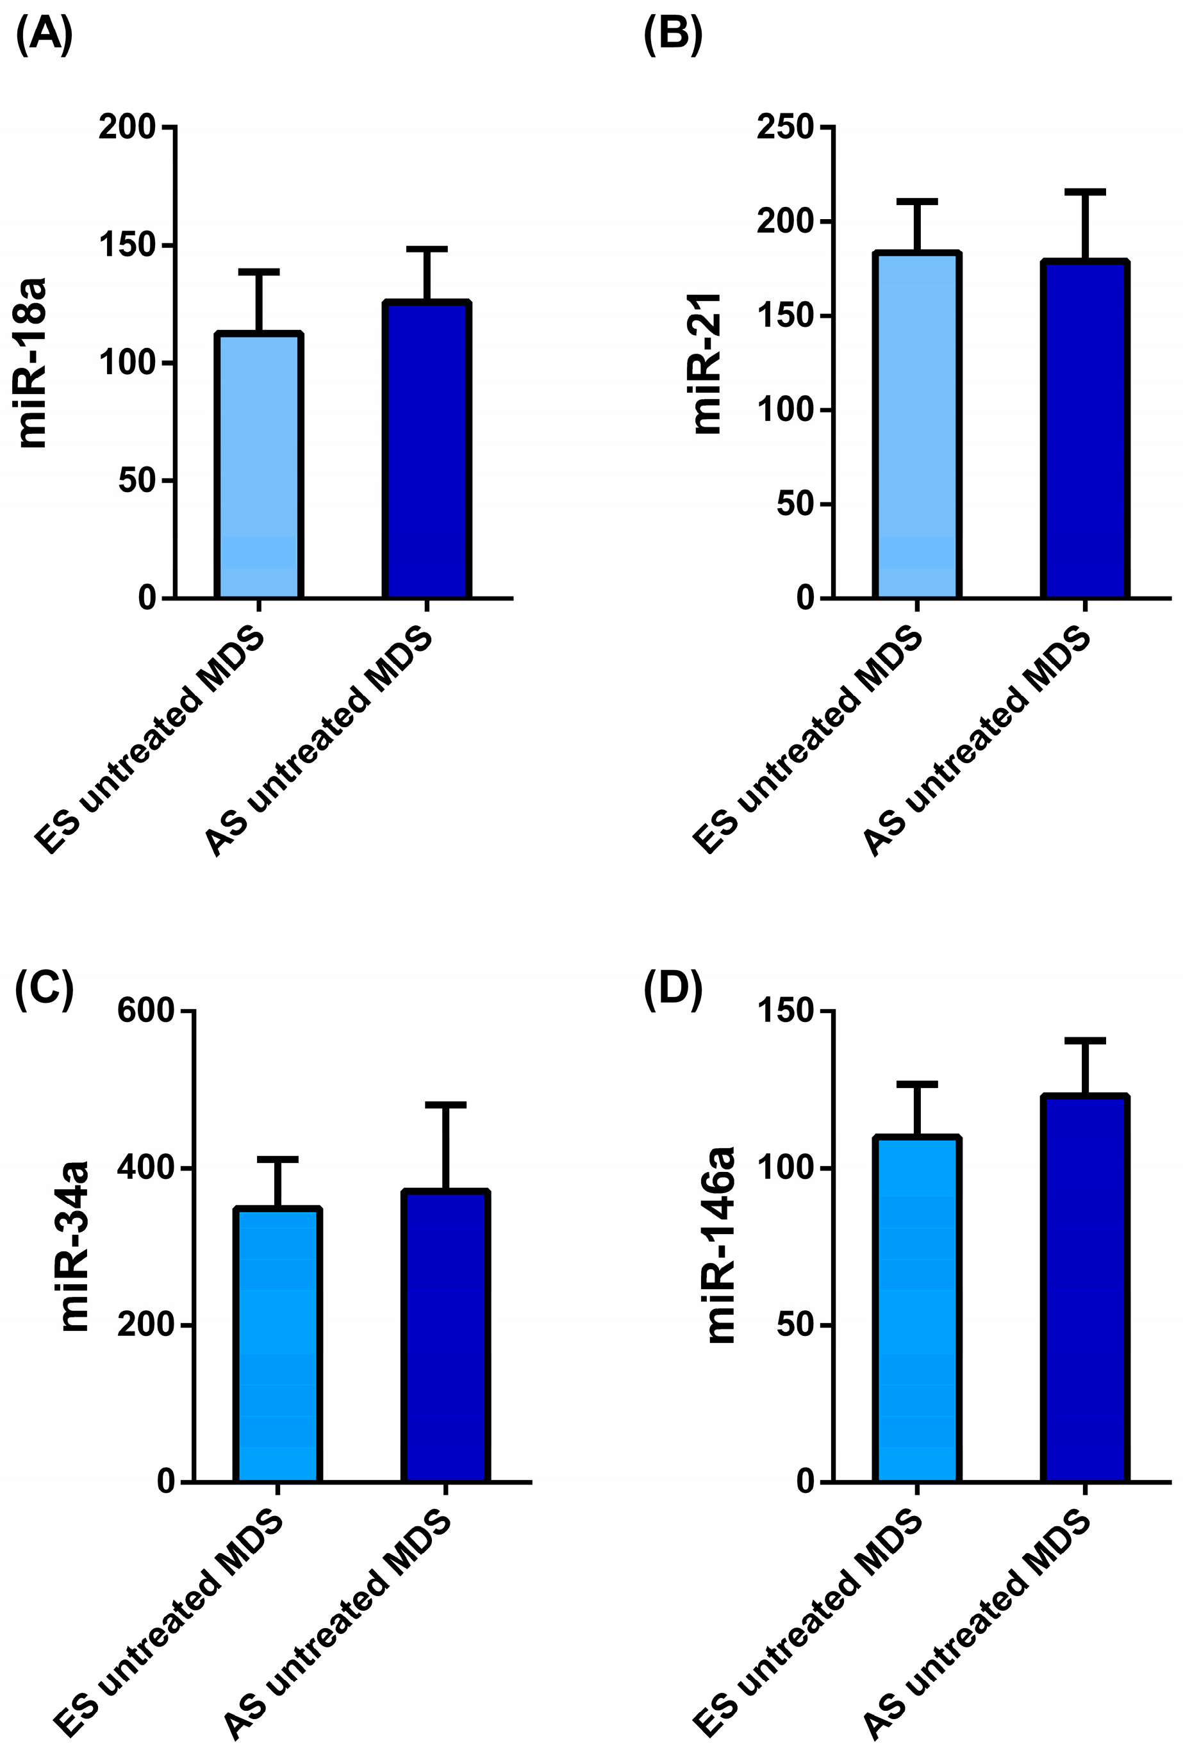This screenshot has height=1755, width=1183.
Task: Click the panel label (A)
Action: click(x=44, y=35)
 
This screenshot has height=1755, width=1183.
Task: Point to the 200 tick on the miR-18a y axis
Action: click(x=127, y=127)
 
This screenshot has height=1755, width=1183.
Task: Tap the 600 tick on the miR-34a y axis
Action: click(x=146, y=1010)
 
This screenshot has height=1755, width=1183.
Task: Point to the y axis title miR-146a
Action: click(x=720, y=1246)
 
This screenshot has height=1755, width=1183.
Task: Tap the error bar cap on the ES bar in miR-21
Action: click(x=916, y=201)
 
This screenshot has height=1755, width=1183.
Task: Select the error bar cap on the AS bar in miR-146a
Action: click(x=1085, y=1041)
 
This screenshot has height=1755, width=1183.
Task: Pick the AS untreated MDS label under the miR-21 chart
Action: click(x=977, y=743)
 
